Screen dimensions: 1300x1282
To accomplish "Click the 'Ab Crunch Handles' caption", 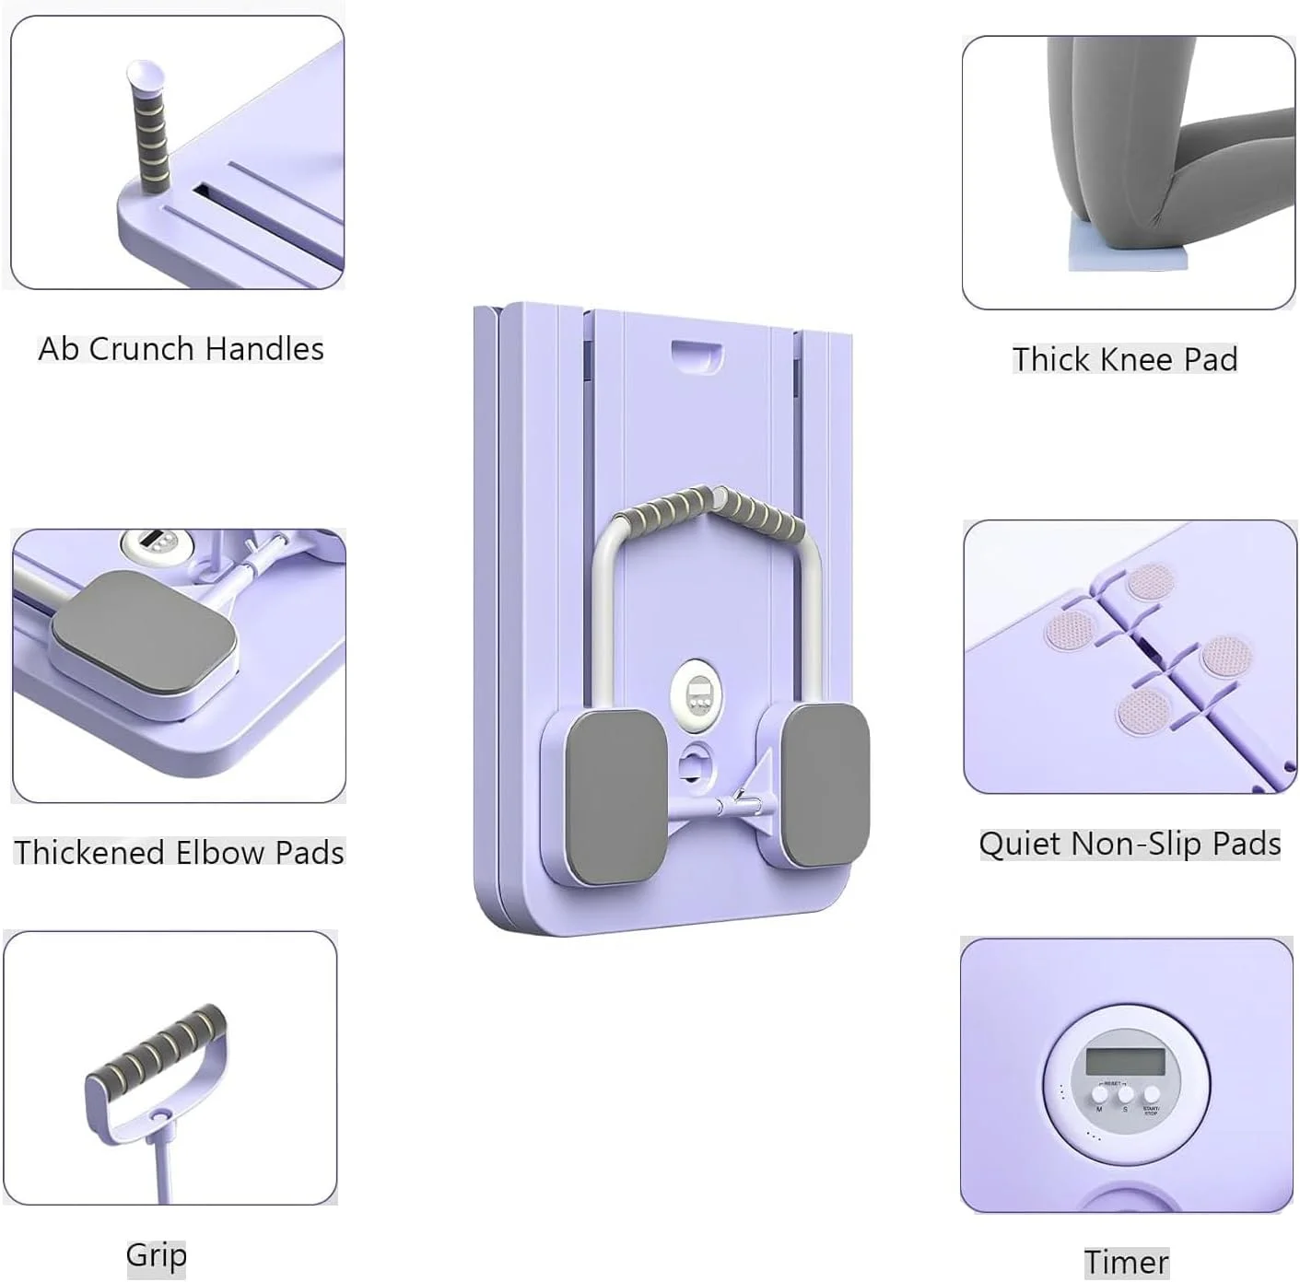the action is (x=181, y=349).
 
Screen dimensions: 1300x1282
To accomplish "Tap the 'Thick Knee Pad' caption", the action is (x=1125, y=359).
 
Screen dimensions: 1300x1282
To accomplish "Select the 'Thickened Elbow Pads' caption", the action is (x=179, y=853).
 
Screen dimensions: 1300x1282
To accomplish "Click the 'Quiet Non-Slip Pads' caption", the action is (x=1130, y=845).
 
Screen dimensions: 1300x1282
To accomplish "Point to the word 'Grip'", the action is (x=156, y=1256).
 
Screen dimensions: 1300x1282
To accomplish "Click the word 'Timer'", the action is (x=1126, y=1263).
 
